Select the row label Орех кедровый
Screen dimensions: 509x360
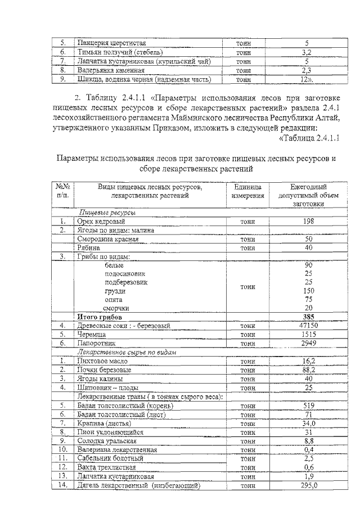[101, 222]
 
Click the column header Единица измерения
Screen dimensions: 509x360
[247, 191]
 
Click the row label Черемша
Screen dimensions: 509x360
[91, 334]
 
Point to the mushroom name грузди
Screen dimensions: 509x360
[115, 291]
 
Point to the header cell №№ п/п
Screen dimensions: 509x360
[63, 191]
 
